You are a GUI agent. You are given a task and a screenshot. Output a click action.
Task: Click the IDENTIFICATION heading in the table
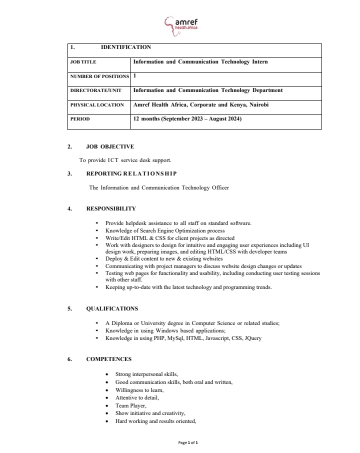point(125,47)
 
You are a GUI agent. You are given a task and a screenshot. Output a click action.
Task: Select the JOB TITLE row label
point(83,62)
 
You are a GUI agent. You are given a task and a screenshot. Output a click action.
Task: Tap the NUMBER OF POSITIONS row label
point(99,76)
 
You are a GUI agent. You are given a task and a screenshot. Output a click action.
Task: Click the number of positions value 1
point(134,76)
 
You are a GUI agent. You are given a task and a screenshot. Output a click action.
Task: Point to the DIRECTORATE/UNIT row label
point(95,90)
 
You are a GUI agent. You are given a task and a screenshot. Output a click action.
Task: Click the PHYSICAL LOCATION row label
point(97,105)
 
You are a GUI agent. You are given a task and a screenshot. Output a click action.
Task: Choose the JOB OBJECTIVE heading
point(110,146)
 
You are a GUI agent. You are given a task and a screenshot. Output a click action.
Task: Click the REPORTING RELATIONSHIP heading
point(131,173)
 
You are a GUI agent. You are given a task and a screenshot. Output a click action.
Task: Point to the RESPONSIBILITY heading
point(110,208)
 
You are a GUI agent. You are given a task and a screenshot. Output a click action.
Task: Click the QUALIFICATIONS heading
point(112,308)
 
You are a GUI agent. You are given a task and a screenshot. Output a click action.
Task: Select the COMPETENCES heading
point(109,359)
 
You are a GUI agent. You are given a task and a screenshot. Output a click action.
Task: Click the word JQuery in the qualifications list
point(252,338)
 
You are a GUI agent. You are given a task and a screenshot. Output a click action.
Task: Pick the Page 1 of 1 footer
point(188,442)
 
